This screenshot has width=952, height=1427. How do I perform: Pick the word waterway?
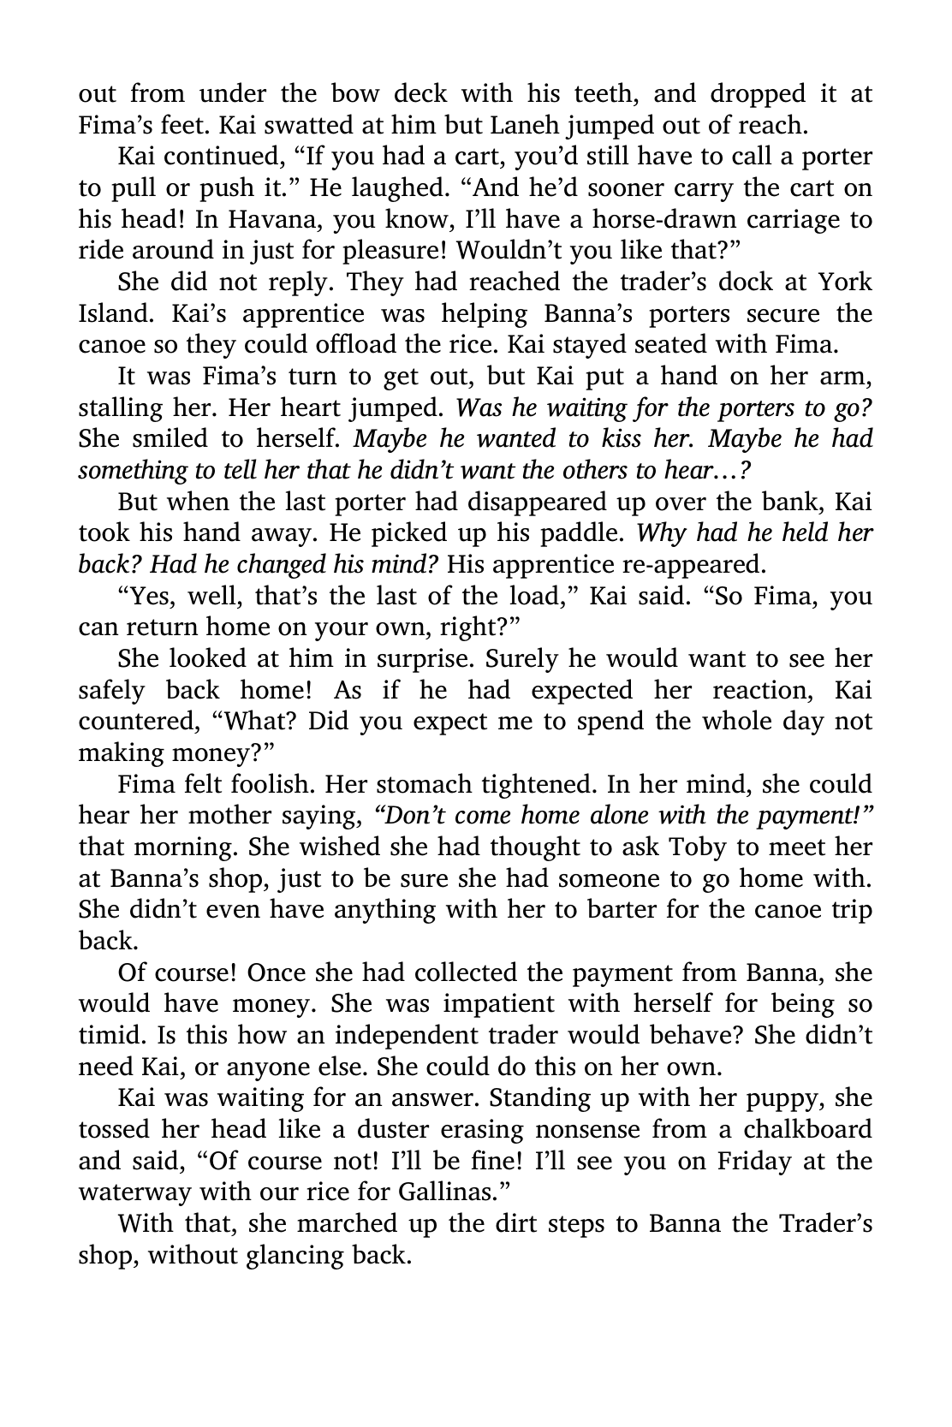pos(138,1192)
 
